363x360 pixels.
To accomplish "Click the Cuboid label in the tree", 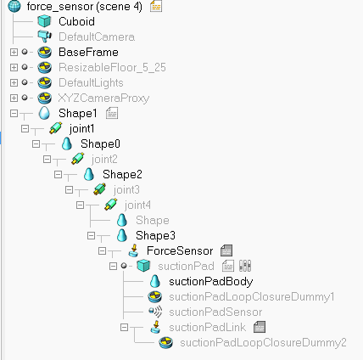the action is point(76,21).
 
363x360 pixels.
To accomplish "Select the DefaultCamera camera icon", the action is point(45,37).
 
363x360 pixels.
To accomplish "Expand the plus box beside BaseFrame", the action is point(14,52).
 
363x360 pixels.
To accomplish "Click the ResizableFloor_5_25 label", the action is point(112,67).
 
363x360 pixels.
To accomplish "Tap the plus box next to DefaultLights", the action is point(14,82).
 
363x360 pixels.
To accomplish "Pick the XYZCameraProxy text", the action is point(103,98).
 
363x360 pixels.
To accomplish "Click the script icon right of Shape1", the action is point(112,113).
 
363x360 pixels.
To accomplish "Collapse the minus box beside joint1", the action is point(25,129).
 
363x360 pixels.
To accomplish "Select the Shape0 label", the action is point(100,143).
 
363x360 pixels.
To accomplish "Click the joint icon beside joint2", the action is point(78,159).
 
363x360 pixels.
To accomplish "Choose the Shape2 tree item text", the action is point(122,174).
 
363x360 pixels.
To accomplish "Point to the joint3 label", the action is point(126,189).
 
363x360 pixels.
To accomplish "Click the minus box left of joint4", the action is point(80,205).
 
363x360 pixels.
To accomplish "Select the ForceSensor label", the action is point(180,250).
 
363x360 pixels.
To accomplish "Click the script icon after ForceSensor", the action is point(226,250).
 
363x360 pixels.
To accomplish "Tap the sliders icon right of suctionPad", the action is point(245,266).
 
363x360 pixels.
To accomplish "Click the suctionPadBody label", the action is point(211,281).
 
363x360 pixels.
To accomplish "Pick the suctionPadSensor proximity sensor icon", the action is point(155,312).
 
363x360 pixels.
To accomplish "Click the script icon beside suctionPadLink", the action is point(260,327).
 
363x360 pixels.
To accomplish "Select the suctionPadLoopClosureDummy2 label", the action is point(263,343).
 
